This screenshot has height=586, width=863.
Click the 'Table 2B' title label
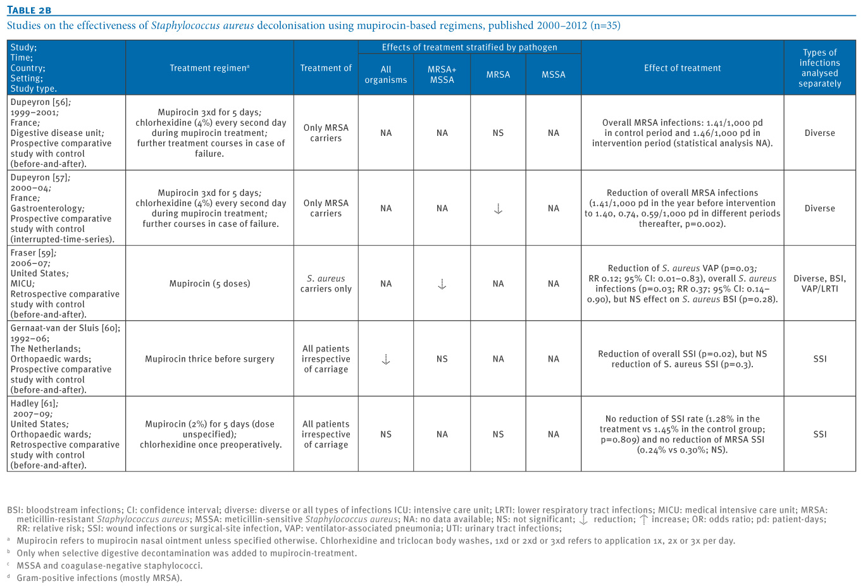coord(29,9)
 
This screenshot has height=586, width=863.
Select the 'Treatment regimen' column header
coord(209,68)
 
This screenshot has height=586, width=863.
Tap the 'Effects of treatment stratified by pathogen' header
coord(469,47)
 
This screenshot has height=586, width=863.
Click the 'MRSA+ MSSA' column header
coord(442,75)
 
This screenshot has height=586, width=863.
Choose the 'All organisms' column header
coord(386,75)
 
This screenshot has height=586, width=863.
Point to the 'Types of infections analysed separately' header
coord(819,68)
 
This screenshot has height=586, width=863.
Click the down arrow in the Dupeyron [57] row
coord(498,209)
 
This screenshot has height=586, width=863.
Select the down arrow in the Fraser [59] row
coord(442,284)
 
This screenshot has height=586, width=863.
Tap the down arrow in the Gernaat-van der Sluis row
coord(386,360)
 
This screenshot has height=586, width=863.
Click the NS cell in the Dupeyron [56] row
coord(498,133)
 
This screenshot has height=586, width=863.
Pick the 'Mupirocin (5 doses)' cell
coord(209,284)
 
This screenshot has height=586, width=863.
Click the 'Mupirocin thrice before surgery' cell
coord(209,359)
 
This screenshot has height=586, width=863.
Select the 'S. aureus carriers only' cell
coord(326,284)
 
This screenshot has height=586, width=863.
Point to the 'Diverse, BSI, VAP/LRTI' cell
coord(819,284)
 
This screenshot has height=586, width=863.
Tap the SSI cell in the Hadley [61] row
coord(819,435)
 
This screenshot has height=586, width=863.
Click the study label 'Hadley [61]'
coord(34,404)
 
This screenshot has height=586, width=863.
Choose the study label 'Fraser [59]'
coord(33,253)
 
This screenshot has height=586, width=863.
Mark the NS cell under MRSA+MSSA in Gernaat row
coord(442,359)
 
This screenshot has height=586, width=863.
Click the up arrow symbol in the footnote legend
coord(644,520)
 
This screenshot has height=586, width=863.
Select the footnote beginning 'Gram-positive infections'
coord(99,578)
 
